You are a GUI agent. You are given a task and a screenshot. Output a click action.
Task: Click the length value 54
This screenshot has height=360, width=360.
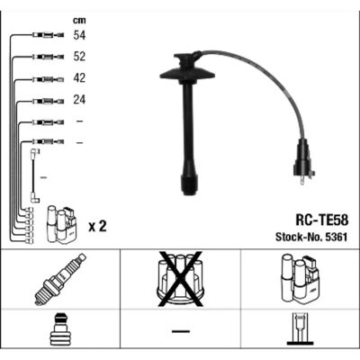79,35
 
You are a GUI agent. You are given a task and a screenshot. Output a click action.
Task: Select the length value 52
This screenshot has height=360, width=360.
79,57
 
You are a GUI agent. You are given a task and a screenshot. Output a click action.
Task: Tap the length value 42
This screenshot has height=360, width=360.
79,78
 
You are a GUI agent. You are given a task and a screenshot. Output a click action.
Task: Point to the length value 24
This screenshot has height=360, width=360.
79,99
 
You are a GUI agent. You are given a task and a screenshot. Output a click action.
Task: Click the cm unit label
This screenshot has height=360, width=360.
79,21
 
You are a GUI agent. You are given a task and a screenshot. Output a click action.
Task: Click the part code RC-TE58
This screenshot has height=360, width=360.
322,220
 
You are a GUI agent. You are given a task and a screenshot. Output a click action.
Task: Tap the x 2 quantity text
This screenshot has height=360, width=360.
97,227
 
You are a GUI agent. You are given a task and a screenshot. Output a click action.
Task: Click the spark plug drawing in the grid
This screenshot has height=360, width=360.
60,279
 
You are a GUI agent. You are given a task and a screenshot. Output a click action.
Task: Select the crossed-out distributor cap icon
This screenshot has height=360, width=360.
180,279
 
